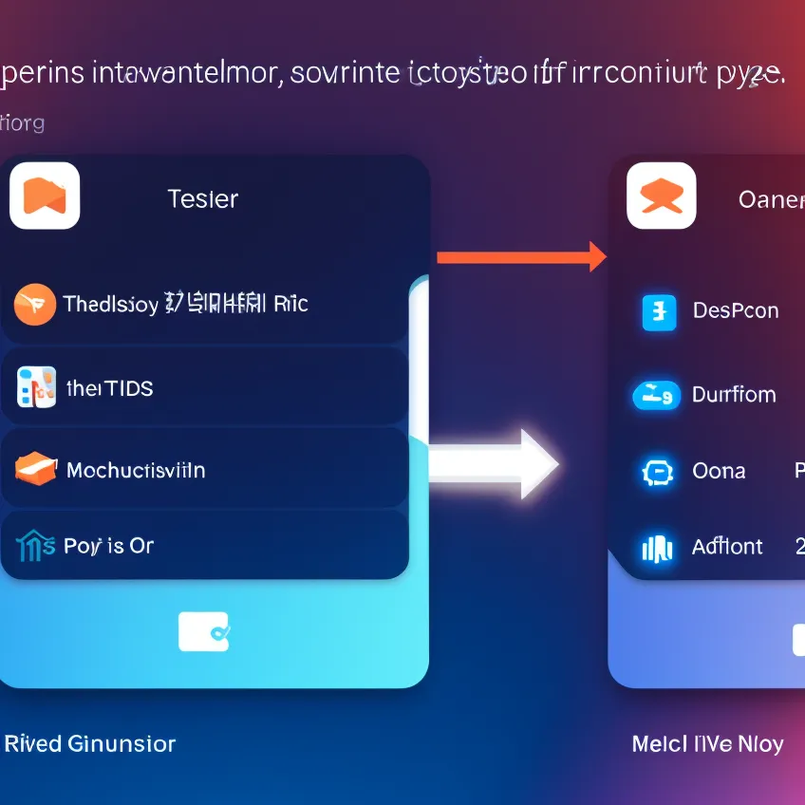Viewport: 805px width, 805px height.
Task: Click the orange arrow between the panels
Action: point(520,256)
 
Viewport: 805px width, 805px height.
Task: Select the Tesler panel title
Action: point(202,199)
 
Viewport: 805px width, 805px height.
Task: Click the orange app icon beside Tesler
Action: point(45,195)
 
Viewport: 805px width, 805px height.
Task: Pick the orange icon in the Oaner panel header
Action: point(662,197)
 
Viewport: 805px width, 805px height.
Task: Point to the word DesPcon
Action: point(736,310)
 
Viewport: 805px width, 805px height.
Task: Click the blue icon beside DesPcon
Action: point(659,311)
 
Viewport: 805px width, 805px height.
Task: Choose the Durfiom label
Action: point(734,394)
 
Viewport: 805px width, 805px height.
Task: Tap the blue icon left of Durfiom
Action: point(656,394)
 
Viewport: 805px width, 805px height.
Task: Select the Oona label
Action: point(719,471)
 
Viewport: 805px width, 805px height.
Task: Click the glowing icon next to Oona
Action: point(657,472)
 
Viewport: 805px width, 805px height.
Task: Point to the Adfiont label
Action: point(727,547)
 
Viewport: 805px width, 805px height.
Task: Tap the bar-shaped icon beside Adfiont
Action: point(657,548)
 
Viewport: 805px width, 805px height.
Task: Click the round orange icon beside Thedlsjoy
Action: point(33,304)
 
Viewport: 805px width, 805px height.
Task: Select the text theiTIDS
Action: point(110,388)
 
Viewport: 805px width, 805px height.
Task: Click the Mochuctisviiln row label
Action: point(136,470)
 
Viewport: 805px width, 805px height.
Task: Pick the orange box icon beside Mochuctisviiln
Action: point(36,468)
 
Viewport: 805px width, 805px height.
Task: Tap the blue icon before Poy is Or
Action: point(36,546)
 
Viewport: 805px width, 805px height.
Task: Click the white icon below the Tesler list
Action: point(203,631)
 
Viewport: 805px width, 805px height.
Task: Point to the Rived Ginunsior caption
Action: point(90,743)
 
